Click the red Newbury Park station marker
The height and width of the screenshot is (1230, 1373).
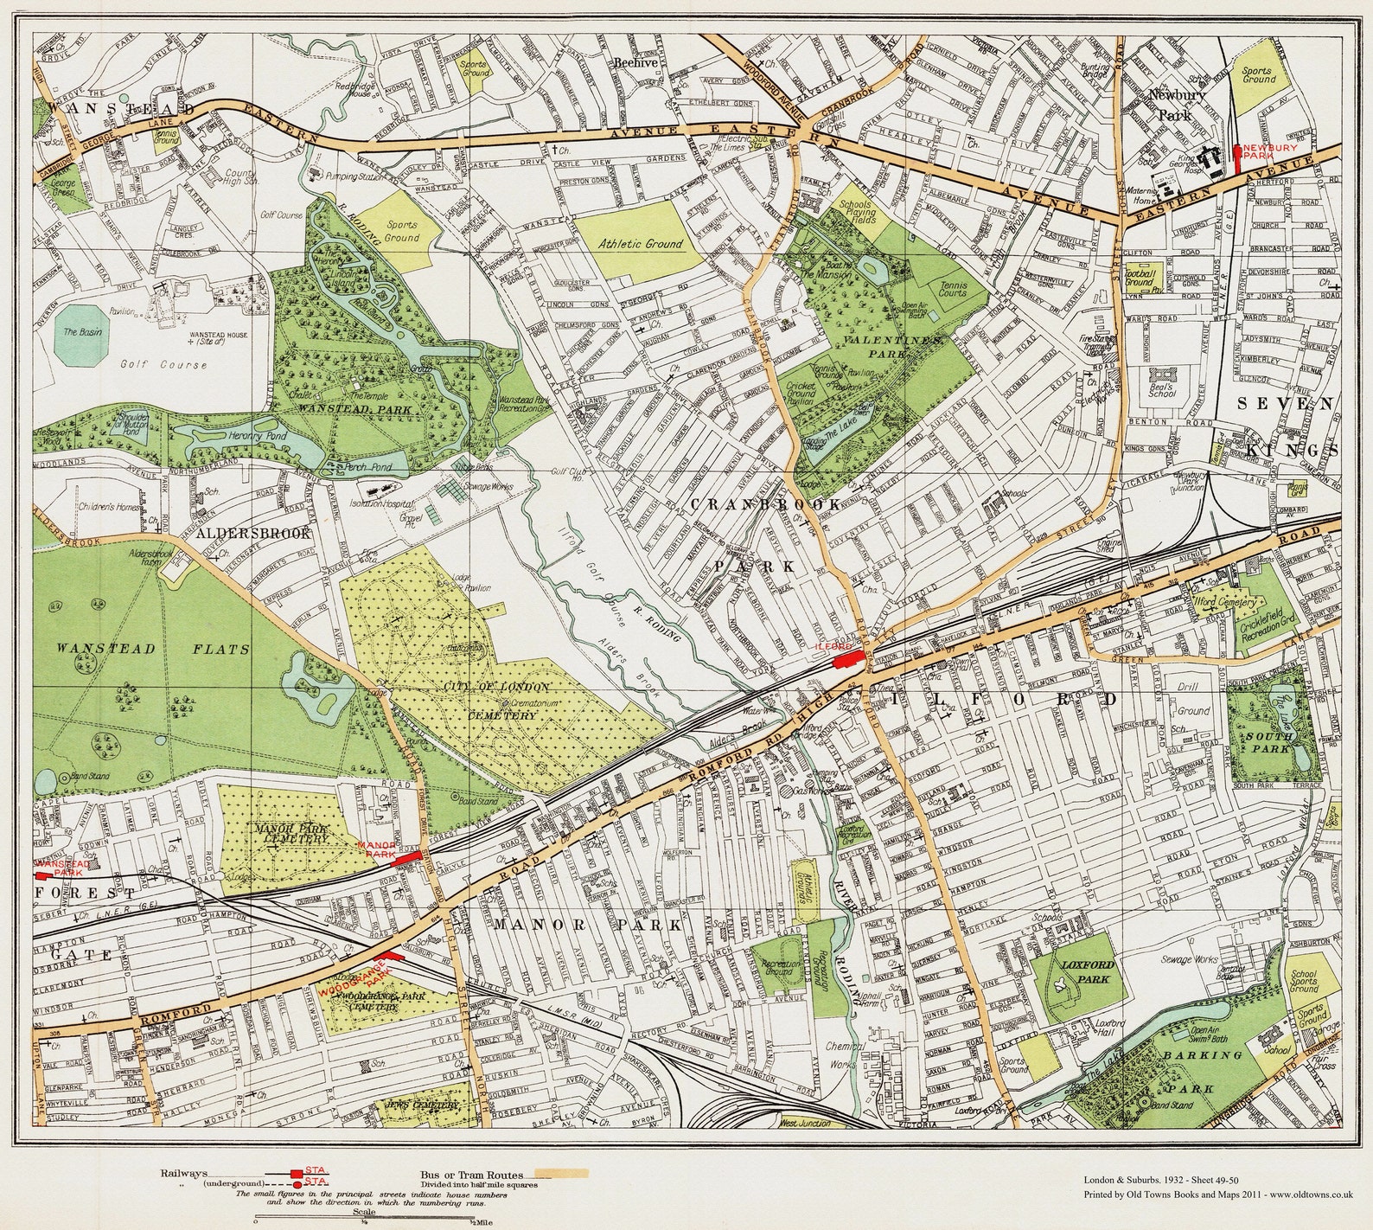point(1237,158)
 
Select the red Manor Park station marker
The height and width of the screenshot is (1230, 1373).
point(406,859)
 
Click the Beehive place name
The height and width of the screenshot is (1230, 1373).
point(636,63)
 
